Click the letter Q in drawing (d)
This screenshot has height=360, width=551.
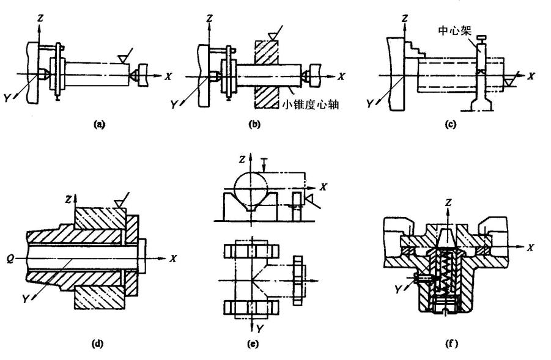point(21,258)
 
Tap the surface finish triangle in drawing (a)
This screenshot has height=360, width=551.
point(124,58)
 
